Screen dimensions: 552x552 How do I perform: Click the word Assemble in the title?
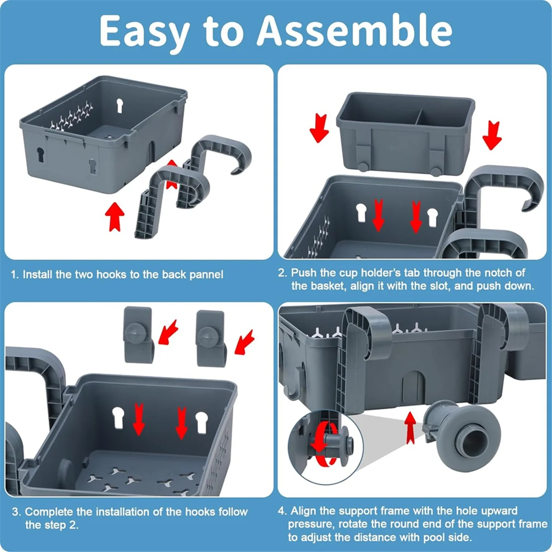click(x=354, y=31)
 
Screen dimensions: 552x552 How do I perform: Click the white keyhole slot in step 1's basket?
click(x=120, y=105)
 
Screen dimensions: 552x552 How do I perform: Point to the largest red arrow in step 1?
click(x=115, y=217)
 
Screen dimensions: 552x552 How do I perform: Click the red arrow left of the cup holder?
click(x=319, y=127)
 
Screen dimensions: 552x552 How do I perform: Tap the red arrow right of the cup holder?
click(x=492, y=135)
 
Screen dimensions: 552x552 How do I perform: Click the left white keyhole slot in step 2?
click(x=361, y=212)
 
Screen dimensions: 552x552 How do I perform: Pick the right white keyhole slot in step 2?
click(x=432, y=217)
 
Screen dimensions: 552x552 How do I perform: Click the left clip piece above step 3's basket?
click(x=138, y=335)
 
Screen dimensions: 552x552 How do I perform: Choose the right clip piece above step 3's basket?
click(x=211, y=338)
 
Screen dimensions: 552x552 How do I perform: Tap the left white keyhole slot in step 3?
click(x=118, y=418)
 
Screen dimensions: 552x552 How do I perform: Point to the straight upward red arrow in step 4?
click(x=410, y=428)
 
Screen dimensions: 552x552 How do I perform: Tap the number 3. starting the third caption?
click(x=16, y=512)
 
